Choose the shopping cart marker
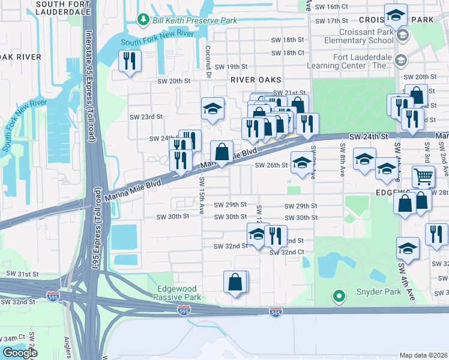(424, 176)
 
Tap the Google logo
(20, 352)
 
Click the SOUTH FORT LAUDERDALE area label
(63, 7)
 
